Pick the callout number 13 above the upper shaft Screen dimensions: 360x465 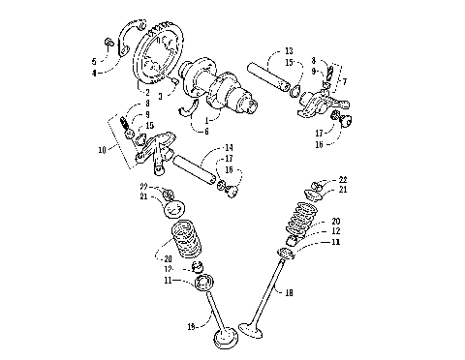289,52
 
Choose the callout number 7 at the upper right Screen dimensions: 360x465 344,81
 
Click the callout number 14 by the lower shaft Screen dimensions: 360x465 228,147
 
